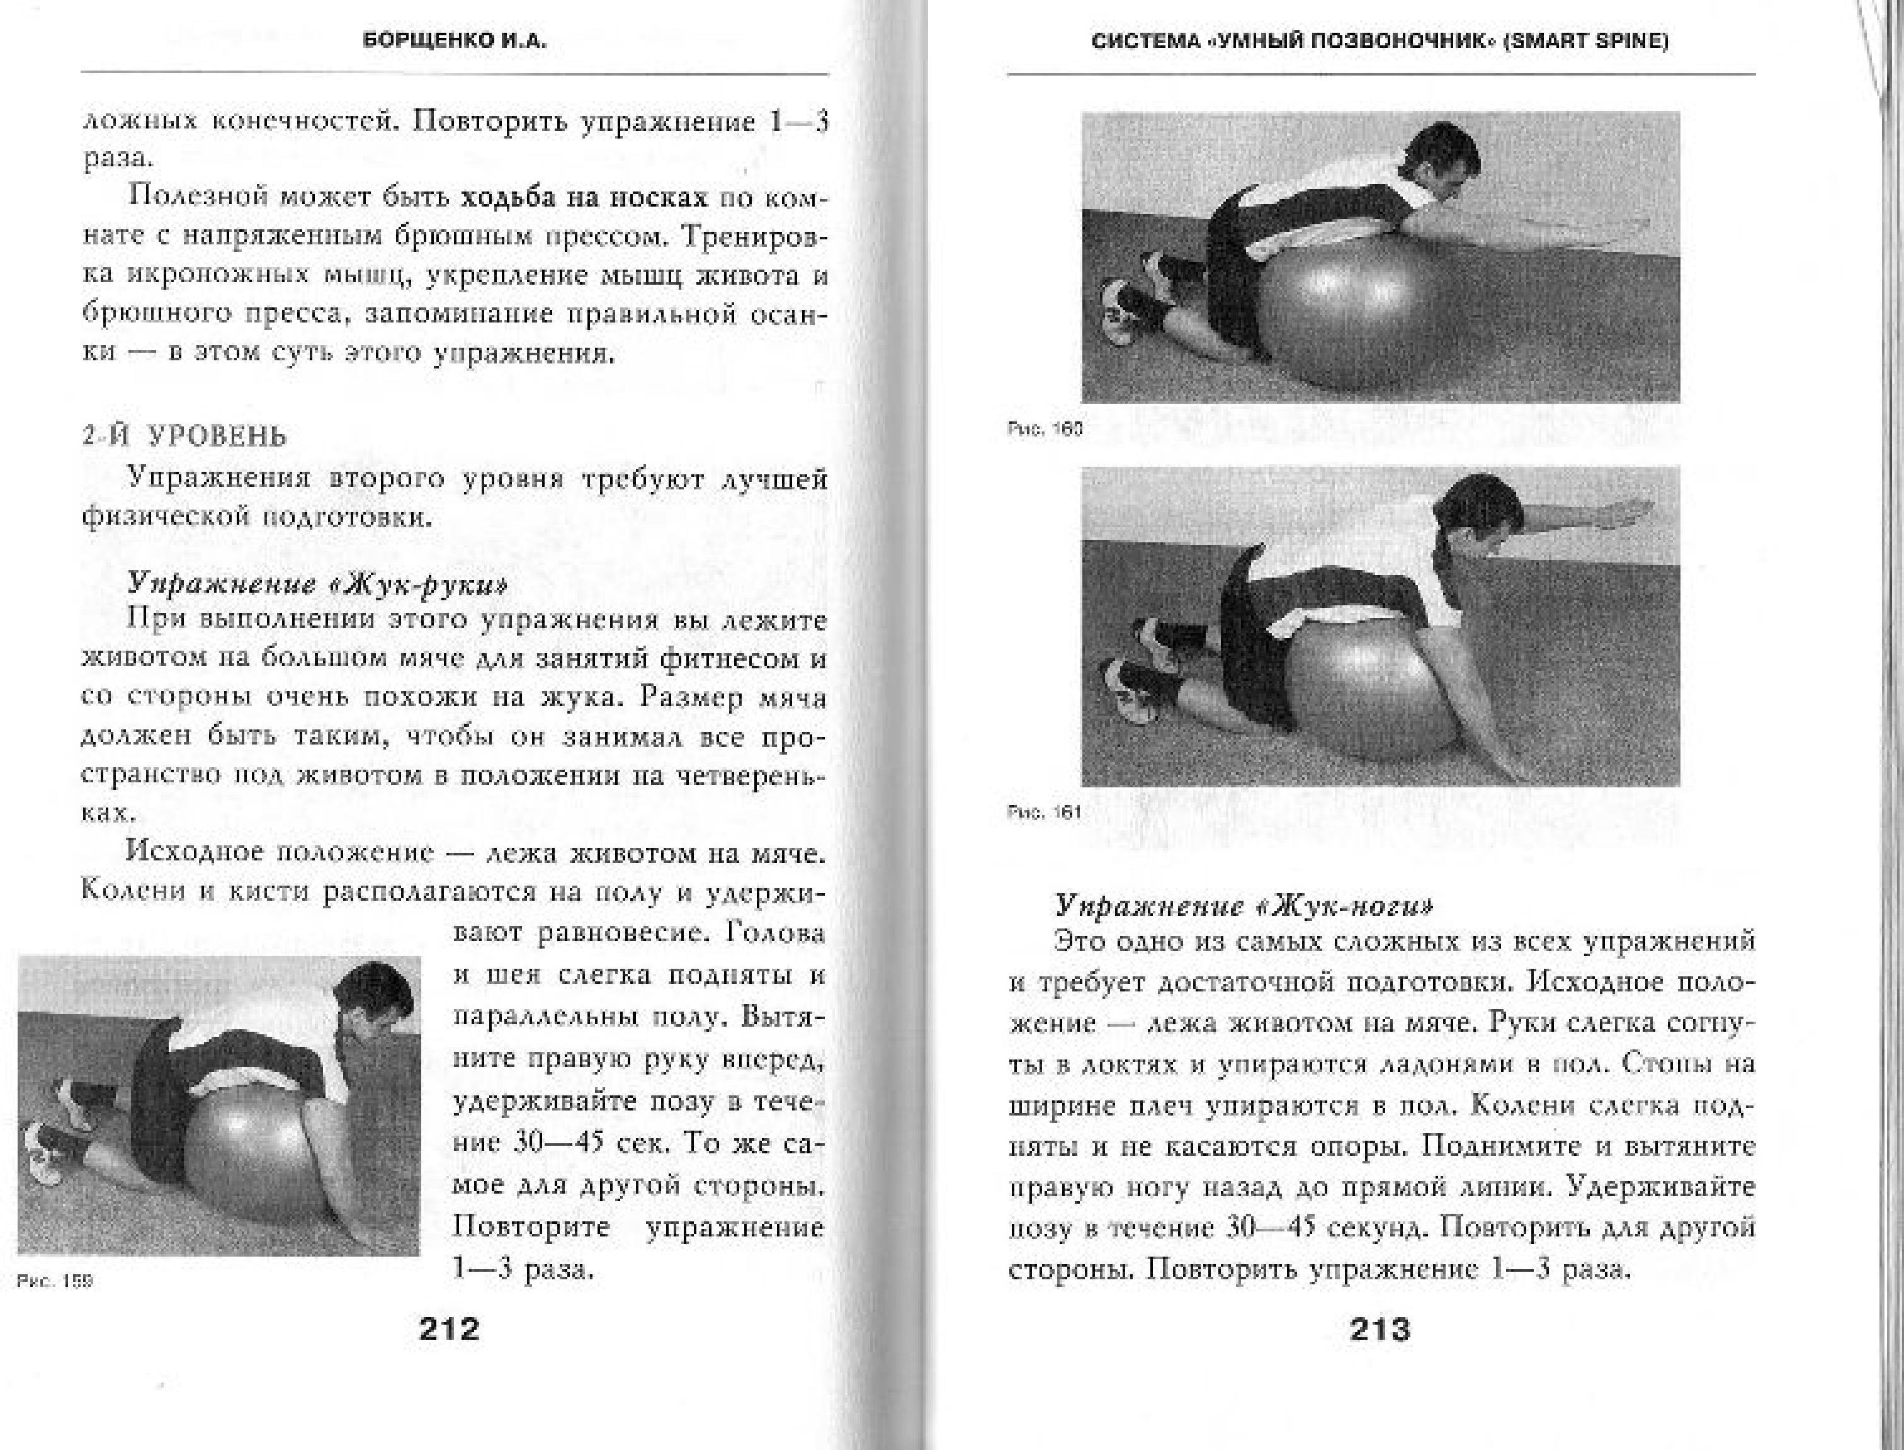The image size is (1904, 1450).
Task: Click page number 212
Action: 448,1328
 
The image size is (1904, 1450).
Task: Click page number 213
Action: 1380,1329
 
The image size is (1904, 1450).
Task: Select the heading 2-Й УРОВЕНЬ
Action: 184,437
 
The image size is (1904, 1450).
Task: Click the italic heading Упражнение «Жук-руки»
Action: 317,585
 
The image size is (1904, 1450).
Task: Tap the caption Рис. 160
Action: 1044,429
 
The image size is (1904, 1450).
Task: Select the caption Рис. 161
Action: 1044,813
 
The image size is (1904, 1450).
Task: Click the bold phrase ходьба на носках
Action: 584,198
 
